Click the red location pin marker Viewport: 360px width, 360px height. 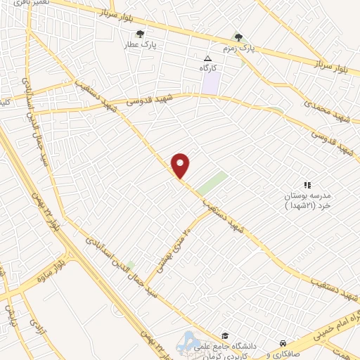[181, 165]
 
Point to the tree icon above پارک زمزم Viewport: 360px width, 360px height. [238, 37]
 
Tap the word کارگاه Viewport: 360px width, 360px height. [207, 67]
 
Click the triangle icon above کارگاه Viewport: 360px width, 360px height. [207, 58]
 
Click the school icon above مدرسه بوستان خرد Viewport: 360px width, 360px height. [307, 184]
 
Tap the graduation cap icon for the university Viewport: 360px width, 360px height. [224, 335]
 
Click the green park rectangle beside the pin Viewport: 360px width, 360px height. [212, 184]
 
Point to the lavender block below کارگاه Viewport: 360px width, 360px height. [211, 84]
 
